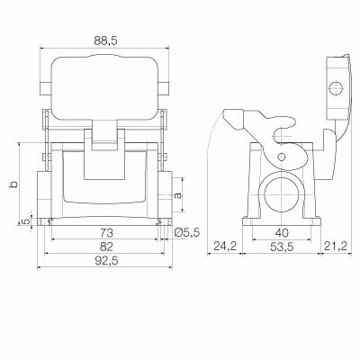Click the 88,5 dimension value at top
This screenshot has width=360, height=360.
tap(105, 40)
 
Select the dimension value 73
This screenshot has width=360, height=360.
tap(107, 232)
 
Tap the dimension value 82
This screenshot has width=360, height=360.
tap(107, 246)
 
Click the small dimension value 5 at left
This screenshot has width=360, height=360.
tap(25, 220)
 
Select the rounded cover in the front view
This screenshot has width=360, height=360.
tap(105, 88)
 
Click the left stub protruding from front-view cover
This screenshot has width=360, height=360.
tap(44, 89)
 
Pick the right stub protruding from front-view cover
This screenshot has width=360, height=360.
tap(166, 89)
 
